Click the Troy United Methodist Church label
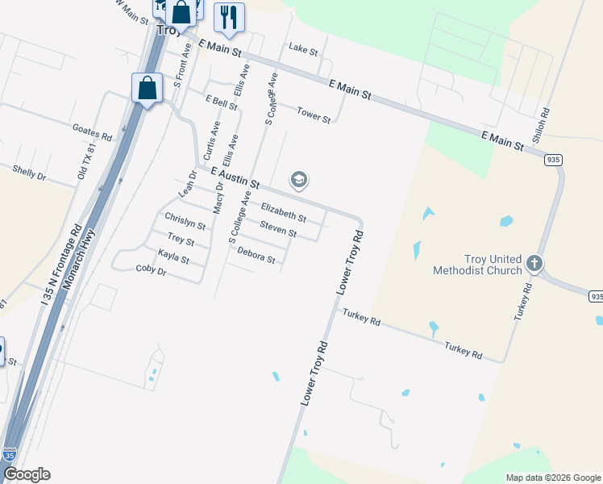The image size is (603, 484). pos(482,265)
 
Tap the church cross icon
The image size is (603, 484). pos(534,263)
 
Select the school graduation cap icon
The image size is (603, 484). pos(298,180)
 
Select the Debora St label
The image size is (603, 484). pos(256,255)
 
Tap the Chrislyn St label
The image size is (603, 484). pos(185,221)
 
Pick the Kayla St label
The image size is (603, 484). pos(173,257)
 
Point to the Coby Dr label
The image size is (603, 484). pos(151,270)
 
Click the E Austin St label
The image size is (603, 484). pos(235,178)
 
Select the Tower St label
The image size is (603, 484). pos(314,115)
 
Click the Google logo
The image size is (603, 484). pos(27,474)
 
